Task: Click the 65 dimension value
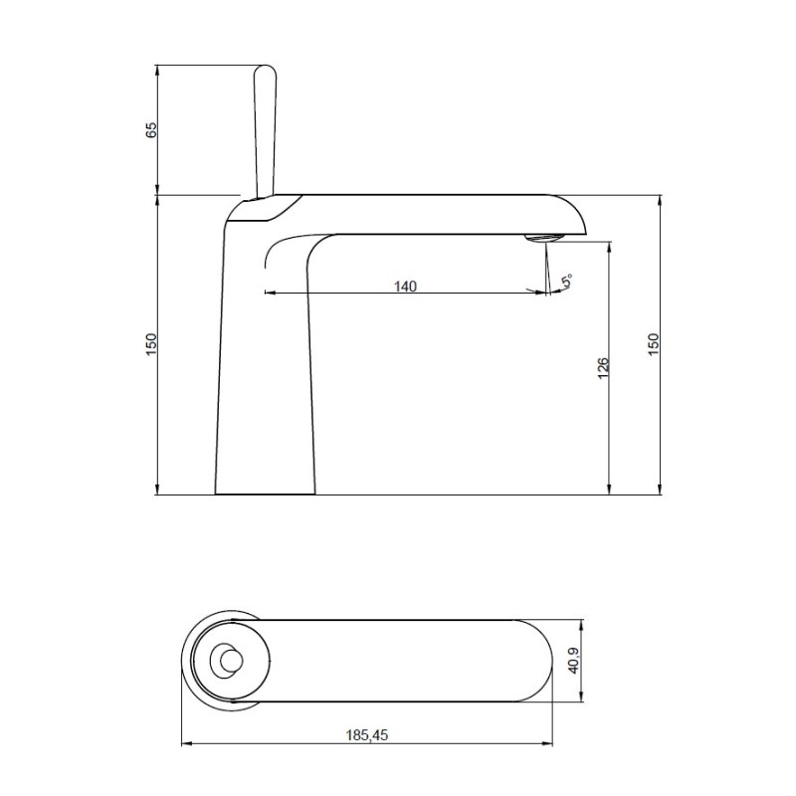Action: coord(151,130)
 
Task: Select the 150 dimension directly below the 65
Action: coord(151,344)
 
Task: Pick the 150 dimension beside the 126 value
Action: coord(654,344)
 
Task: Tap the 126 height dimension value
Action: coord(603,368)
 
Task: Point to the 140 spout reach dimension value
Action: coord(404,287)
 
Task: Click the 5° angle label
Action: coord(568,282)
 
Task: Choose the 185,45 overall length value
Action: coord(367,735)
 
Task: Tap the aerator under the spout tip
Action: coord(543,238)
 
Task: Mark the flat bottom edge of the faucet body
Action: coord(265,494)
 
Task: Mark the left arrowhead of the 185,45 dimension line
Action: coord(183,743)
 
